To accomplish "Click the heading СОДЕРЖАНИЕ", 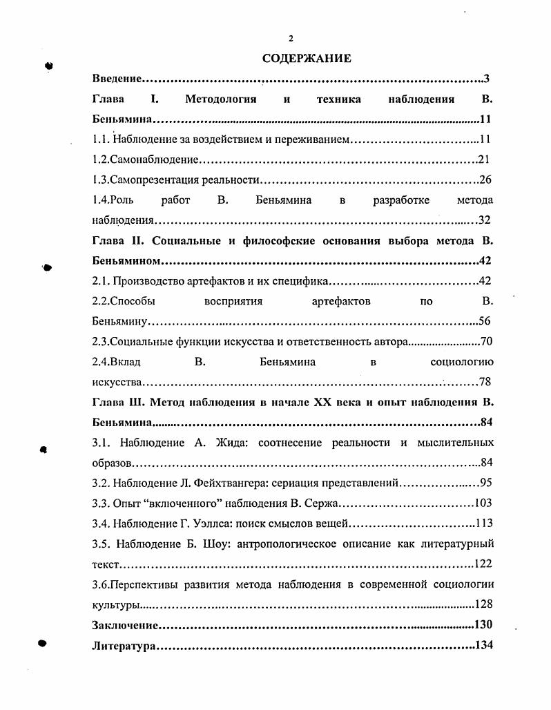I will click(x=307, y=59).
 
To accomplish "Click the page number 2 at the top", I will click(x=291, y=38).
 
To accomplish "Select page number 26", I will click(x=485, y=180).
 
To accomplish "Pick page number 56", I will click(x=485, y=321).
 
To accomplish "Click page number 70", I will click(x=485, y=341).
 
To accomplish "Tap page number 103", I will click(x=483, y=503).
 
